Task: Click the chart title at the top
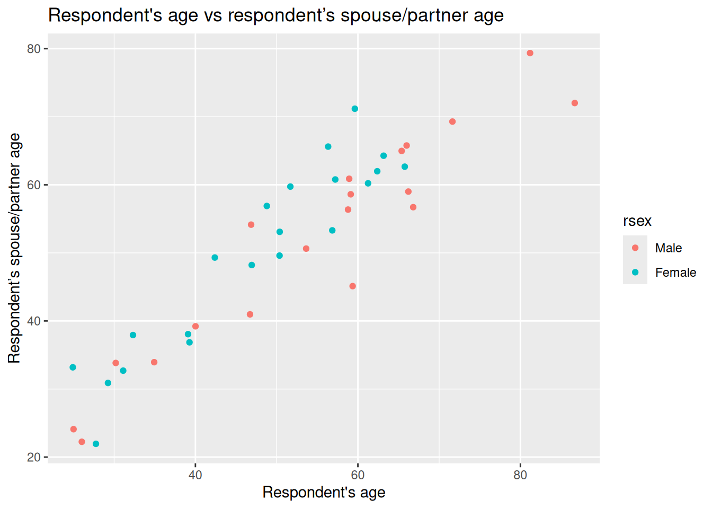275,15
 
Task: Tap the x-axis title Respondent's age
324,493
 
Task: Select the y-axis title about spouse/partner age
14,248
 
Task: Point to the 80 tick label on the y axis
34,49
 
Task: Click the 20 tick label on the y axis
34,457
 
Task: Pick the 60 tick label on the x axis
358,475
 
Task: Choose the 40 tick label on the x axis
195,475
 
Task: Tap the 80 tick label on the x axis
520,475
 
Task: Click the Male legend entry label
668,248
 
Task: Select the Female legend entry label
675,273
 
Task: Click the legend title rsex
637,221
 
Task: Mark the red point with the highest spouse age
530,53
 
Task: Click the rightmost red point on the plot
575,103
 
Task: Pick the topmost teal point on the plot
355,109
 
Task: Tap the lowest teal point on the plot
96,444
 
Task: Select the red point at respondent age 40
195,326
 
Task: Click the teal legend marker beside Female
635,273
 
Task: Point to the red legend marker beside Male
635,248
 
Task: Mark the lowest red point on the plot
82,442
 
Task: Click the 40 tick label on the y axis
34,321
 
